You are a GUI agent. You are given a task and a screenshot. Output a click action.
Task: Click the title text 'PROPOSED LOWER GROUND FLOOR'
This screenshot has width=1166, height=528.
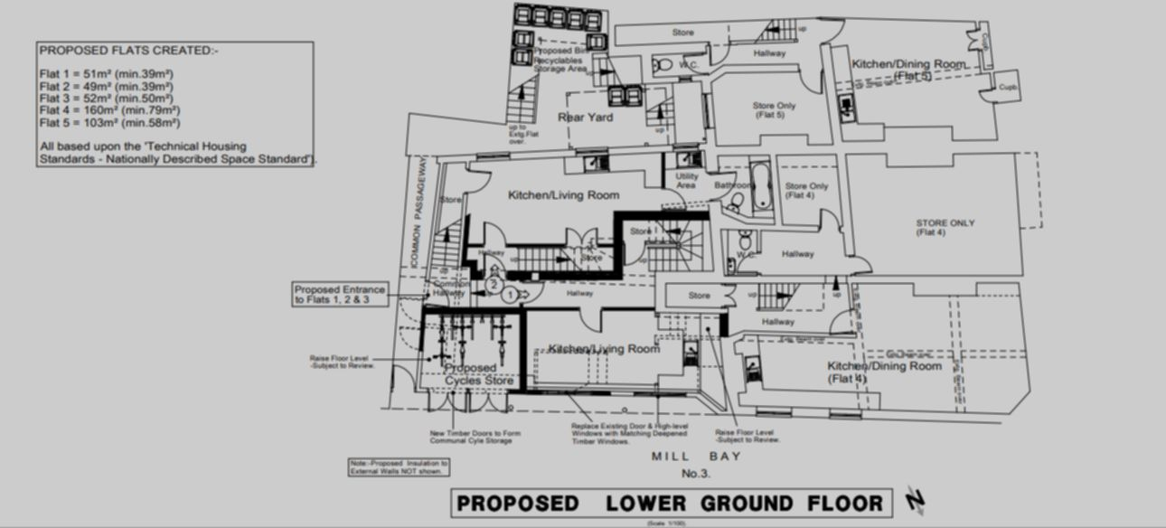click(670, 504)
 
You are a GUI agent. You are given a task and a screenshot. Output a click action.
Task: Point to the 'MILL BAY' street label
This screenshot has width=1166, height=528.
click(696, 457)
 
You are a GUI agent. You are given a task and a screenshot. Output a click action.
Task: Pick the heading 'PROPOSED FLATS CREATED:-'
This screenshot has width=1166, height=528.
click(128, 51)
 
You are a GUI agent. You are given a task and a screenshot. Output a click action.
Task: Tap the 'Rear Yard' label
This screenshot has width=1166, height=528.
click(585, 118)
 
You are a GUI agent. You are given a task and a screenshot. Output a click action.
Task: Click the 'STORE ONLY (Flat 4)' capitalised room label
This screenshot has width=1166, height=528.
click(945, 228)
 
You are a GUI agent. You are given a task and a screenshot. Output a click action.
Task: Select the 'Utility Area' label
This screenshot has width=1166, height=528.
click(686, 181)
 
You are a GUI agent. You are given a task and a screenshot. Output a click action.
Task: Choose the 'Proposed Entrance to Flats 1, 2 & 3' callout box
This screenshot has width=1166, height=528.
click(340, 295)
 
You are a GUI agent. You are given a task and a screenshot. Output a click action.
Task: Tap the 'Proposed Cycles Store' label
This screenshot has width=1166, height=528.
click(475, 374)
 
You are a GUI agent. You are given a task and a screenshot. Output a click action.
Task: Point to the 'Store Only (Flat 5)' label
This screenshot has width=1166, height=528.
click(774, 110)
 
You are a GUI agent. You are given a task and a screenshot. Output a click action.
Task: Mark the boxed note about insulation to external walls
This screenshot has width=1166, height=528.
click(399, 467)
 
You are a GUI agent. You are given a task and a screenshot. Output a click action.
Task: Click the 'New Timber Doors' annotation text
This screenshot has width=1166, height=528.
click(475, 437)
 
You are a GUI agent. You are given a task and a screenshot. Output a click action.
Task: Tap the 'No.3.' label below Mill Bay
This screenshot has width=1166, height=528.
click(696, 473)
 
